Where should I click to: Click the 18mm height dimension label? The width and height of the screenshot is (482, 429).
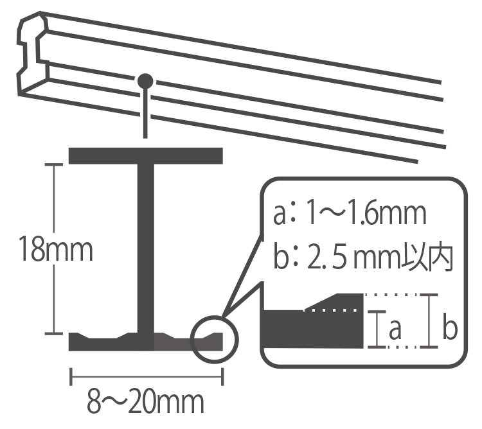click(x=56, y=249)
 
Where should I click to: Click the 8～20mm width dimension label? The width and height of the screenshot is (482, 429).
click(x=145, y=401)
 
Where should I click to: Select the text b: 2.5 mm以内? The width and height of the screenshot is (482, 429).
click(x=364, y=258)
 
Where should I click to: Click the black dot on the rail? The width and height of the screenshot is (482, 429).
click(x=145, y=81)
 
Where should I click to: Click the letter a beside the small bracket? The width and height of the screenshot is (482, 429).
click(x=395, y=329)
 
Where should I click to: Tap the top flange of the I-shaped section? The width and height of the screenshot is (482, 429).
click(x=145, y=155)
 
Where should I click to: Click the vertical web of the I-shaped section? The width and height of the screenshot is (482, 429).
click(x=145, y=249)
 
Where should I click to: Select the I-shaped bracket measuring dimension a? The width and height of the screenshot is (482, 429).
click(x=377, y=329)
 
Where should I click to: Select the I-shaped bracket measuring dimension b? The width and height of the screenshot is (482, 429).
click(x=429, y=321)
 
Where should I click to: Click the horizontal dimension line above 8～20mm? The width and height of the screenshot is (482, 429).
click(x=147, y=376)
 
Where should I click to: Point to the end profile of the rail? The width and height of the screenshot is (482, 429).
click(x=32, y=54)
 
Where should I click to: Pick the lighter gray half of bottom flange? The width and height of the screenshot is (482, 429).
click(x=188, y=342)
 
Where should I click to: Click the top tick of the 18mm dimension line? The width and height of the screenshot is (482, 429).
click(x=54, y=164)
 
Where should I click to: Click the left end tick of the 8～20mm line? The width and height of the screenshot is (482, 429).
click(x=71, y=376)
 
